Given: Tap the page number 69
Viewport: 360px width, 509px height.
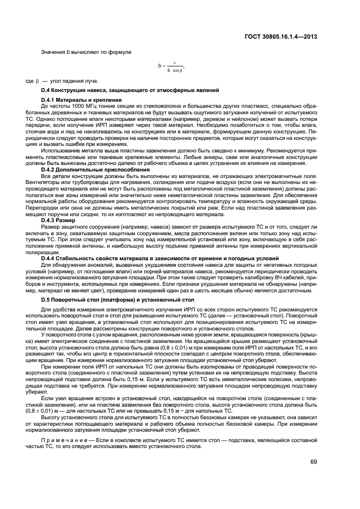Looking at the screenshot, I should pos(314,462).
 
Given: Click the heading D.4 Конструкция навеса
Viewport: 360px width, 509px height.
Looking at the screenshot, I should pos(130,89).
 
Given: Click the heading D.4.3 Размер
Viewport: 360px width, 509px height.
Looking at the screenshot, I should pos(63,219).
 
